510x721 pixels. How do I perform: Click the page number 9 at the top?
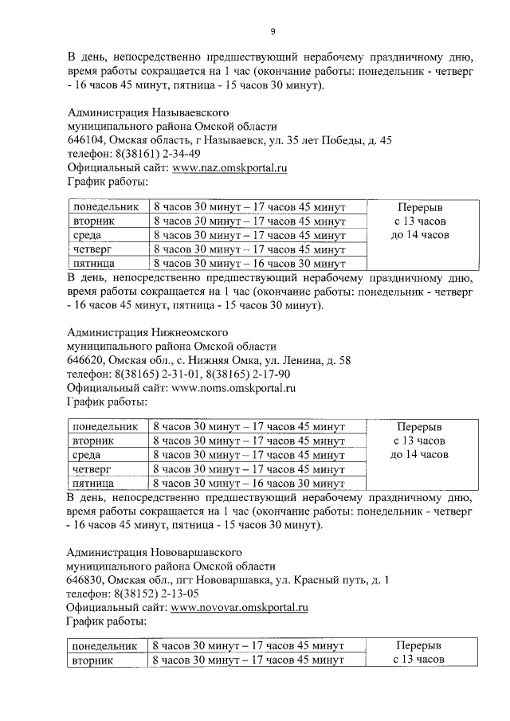coord(273,31)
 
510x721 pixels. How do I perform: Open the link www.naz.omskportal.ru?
coord(229,168)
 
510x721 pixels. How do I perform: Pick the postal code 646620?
coord(86,360)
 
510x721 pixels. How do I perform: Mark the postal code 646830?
coord(86,580)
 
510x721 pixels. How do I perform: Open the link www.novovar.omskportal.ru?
coord(240,608)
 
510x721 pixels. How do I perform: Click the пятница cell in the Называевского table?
coord(94,263)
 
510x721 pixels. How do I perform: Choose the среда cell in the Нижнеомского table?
coord(86,455)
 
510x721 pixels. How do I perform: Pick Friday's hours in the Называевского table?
coord(249,263)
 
